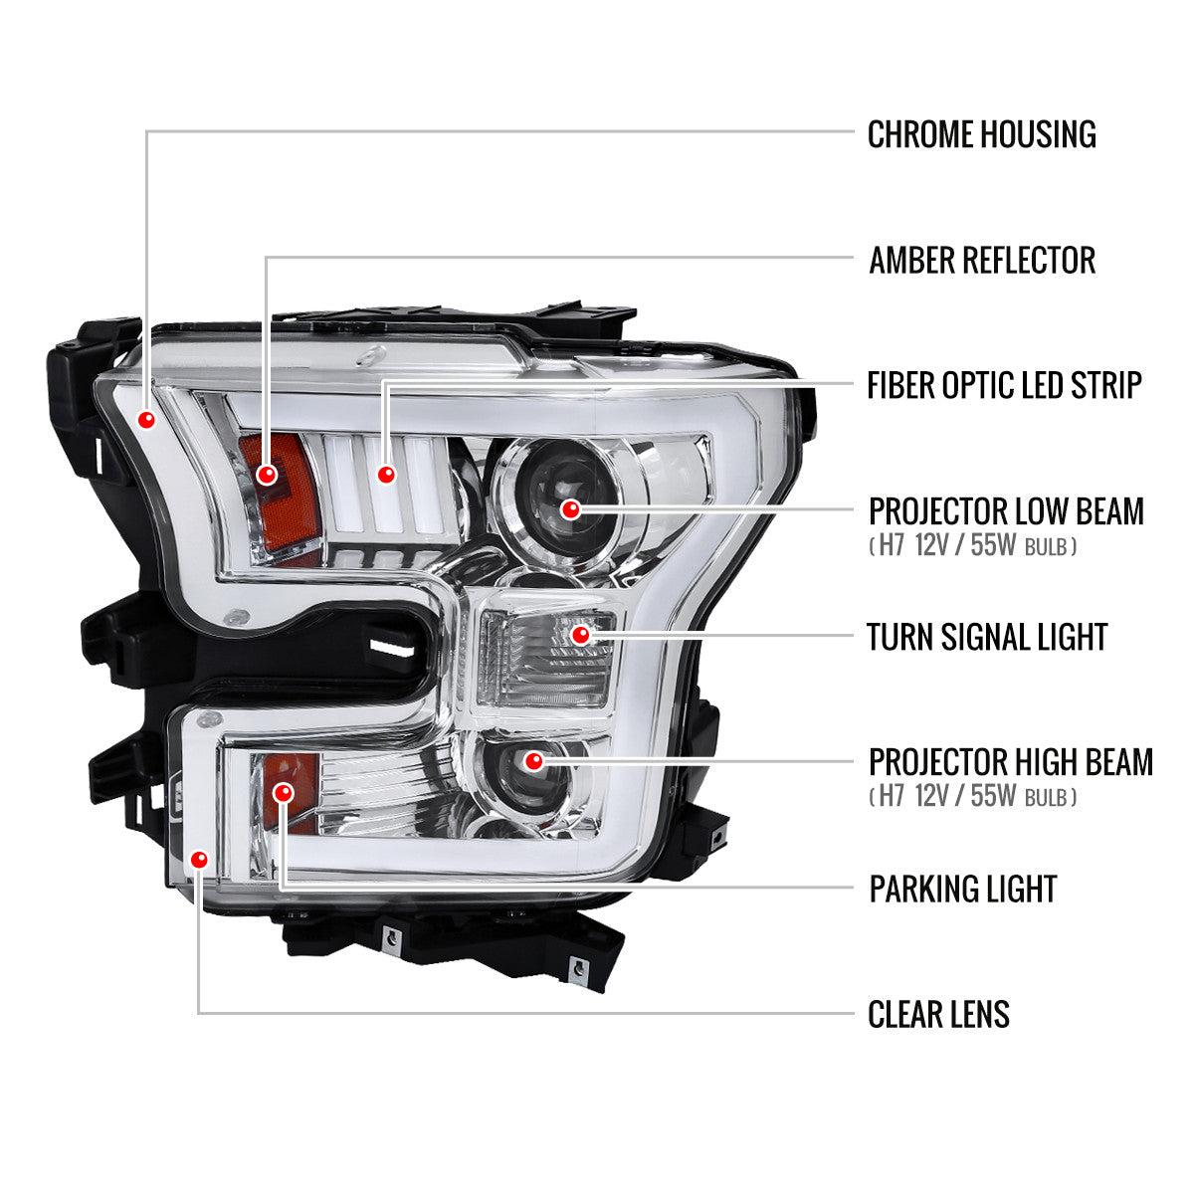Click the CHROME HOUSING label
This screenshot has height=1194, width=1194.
pyautogui.click(x=981, y=134)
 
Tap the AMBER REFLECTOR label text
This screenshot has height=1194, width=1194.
pyautogui.click(x=981, y=260)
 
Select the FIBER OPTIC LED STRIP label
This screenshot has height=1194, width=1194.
pyautogui.click(x=1004, y=385)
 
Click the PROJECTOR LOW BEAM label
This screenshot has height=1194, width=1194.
pyautogui.click(x=1006, y=511)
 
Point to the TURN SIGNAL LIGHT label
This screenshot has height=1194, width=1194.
pyautogui.click(x=987, y=637)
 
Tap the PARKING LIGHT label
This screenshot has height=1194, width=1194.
pyautogui.click(x=962, y=889)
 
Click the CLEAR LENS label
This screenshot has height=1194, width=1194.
pyautogui.click(x=938, y=1015)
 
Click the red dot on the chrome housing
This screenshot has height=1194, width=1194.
pyautogui.click(x=147, y=419)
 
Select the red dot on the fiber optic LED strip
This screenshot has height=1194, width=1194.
pyautogui.click(x=386, y=475)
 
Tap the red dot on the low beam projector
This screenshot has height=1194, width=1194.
pyautogui.click(x=570, y=509)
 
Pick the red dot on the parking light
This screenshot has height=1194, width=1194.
pyautogui.click(x=284, y=792)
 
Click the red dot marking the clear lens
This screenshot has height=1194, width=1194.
pyautogui.click(x=200, y=859)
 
